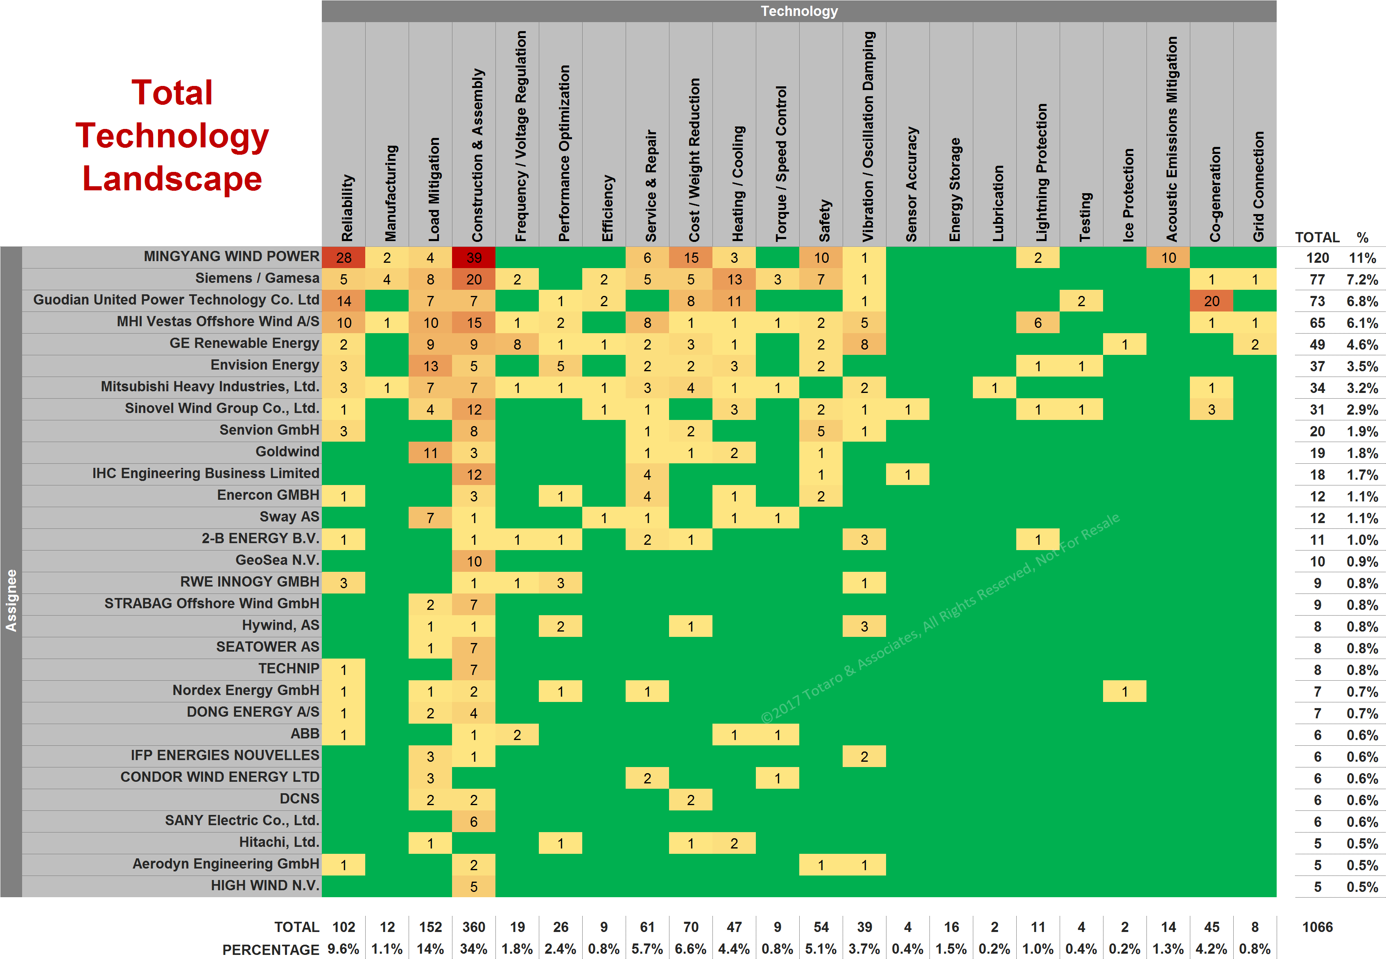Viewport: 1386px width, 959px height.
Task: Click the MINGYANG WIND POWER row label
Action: pos(231,257)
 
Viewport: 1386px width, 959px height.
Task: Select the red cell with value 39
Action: pos(474,258)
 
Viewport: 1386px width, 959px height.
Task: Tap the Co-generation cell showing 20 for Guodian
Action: pos(1211,301)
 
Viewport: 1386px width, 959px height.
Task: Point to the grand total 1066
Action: pos(1317,927)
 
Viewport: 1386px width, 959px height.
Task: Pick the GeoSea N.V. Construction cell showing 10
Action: pos(474,561)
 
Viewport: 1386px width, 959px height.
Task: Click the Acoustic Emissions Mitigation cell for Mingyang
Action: pos(1168,258)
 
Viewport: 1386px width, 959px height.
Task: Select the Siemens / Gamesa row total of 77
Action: pos(1317,280)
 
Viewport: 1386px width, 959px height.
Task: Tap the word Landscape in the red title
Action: pos(172,178)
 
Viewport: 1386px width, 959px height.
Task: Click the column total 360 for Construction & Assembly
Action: pos(474,927)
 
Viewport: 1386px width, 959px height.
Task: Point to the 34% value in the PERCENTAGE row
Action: pos(474,949)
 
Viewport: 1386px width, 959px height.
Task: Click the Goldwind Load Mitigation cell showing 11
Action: pos(430,453)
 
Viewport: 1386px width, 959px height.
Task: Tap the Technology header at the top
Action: pos(799,11)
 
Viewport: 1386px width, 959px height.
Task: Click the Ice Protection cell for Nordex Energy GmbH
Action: pos(1124,692)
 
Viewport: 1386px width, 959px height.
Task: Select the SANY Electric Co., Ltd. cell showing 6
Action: pos(474,821)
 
